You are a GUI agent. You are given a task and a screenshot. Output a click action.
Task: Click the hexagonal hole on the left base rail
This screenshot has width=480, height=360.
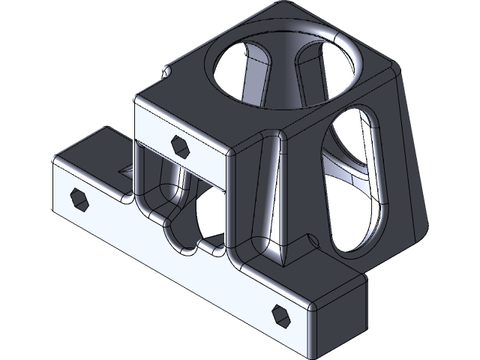(79, 198)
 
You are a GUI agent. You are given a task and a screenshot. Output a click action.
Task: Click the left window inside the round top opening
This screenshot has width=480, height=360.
(248, 74)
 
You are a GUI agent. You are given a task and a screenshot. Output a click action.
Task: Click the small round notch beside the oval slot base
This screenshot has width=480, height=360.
(313, 239)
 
